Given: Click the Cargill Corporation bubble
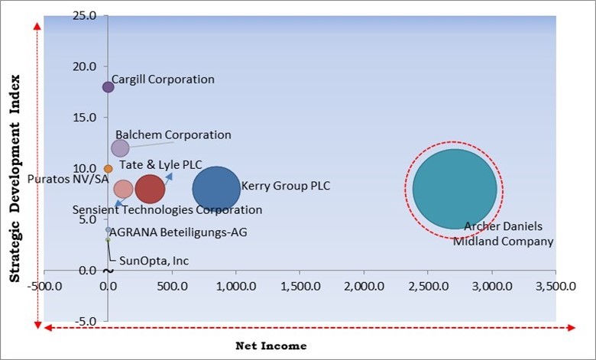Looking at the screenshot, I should pyautogui.click(x=108, y=87).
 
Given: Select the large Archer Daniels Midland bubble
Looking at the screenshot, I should pyautogui.click(x=455, y=189).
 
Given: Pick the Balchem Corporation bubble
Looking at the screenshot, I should pyautogui.click(x=120, y=148).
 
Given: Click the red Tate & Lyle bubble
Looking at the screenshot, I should pyautogui.click(x=150, y=189).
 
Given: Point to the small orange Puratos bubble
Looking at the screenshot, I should pyautogui.click(x=108, y=169).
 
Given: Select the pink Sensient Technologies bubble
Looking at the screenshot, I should pyautogui.click(x=123, y=189).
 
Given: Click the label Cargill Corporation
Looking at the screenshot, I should pyautogui.click(x=163, y=79).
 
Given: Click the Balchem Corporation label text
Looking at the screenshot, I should pyautogui.click(x=173, y=135).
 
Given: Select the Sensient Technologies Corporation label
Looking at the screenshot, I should pyautogui.click(x=167, y=209).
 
